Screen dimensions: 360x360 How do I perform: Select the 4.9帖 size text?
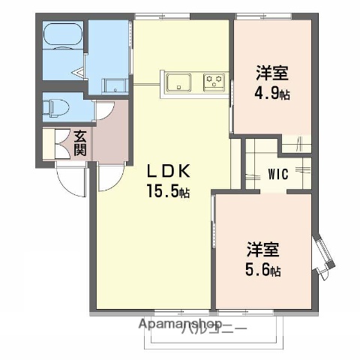pos(273,94)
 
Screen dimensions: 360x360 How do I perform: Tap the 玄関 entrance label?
pos(80,143)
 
